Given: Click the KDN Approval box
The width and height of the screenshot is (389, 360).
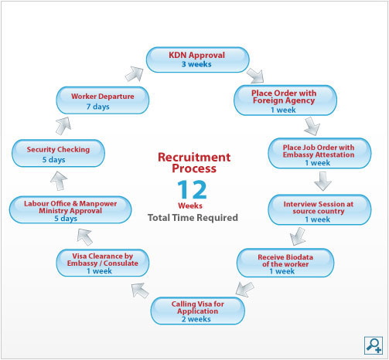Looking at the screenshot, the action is (x=198, y=59).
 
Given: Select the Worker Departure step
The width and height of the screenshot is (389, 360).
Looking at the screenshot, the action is (x=103, y=100).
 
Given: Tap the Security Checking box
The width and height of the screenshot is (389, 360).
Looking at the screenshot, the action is (x=58, y=153).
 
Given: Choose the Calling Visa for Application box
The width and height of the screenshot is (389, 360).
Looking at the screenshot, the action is (x=198, y=311).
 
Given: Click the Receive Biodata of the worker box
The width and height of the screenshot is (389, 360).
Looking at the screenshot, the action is (x=285, y=263).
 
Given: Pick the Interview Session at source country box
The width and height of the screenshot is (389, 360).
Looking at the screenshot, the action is (x=319, y=210).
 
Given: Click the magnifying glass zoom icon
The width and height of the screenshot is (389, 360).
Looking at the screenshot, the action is (x=374, y=345).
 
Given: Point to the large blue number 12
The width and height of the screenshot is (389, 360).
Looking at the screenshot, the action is (x=193, y=190).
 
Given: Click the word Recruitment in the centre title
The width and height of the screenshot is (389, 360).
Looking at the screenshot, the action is (x=194, y=157).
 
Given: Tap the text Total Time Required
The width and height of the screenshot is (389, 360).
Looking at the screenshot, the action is (x=193, y=218).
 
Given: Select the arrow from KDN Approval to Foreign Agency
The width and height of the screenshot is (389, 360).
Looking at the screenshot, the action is (x=255, y=76).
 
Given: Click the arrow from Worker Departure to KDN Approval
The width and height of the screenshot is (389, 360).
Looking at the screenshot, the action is (x=135, y=74).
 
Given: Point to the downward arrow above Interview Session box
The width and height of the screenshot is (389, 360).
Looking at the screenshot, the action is (x=322, y=182).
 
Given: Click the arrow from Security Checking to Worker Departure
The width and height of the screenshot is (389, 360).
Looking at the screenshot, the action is (x=63, y=126).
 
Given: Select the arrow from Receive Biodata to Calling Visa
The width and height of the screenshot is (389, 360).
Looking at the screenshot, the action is (x=244, y=289).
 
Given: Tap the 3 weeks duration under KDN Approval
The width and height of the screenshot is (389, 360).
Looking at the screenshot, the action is (x=196, y=64).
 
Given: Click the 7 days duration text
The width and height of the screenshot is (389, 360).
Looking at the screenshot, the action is (x=97, y=107).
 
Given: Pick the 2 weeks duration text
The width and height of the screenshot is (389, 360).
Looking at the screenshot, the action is (x=196, y=319).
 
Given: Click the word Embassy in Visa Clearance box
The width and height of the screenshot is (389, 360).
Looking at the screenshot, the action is (x=82, y=263).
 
